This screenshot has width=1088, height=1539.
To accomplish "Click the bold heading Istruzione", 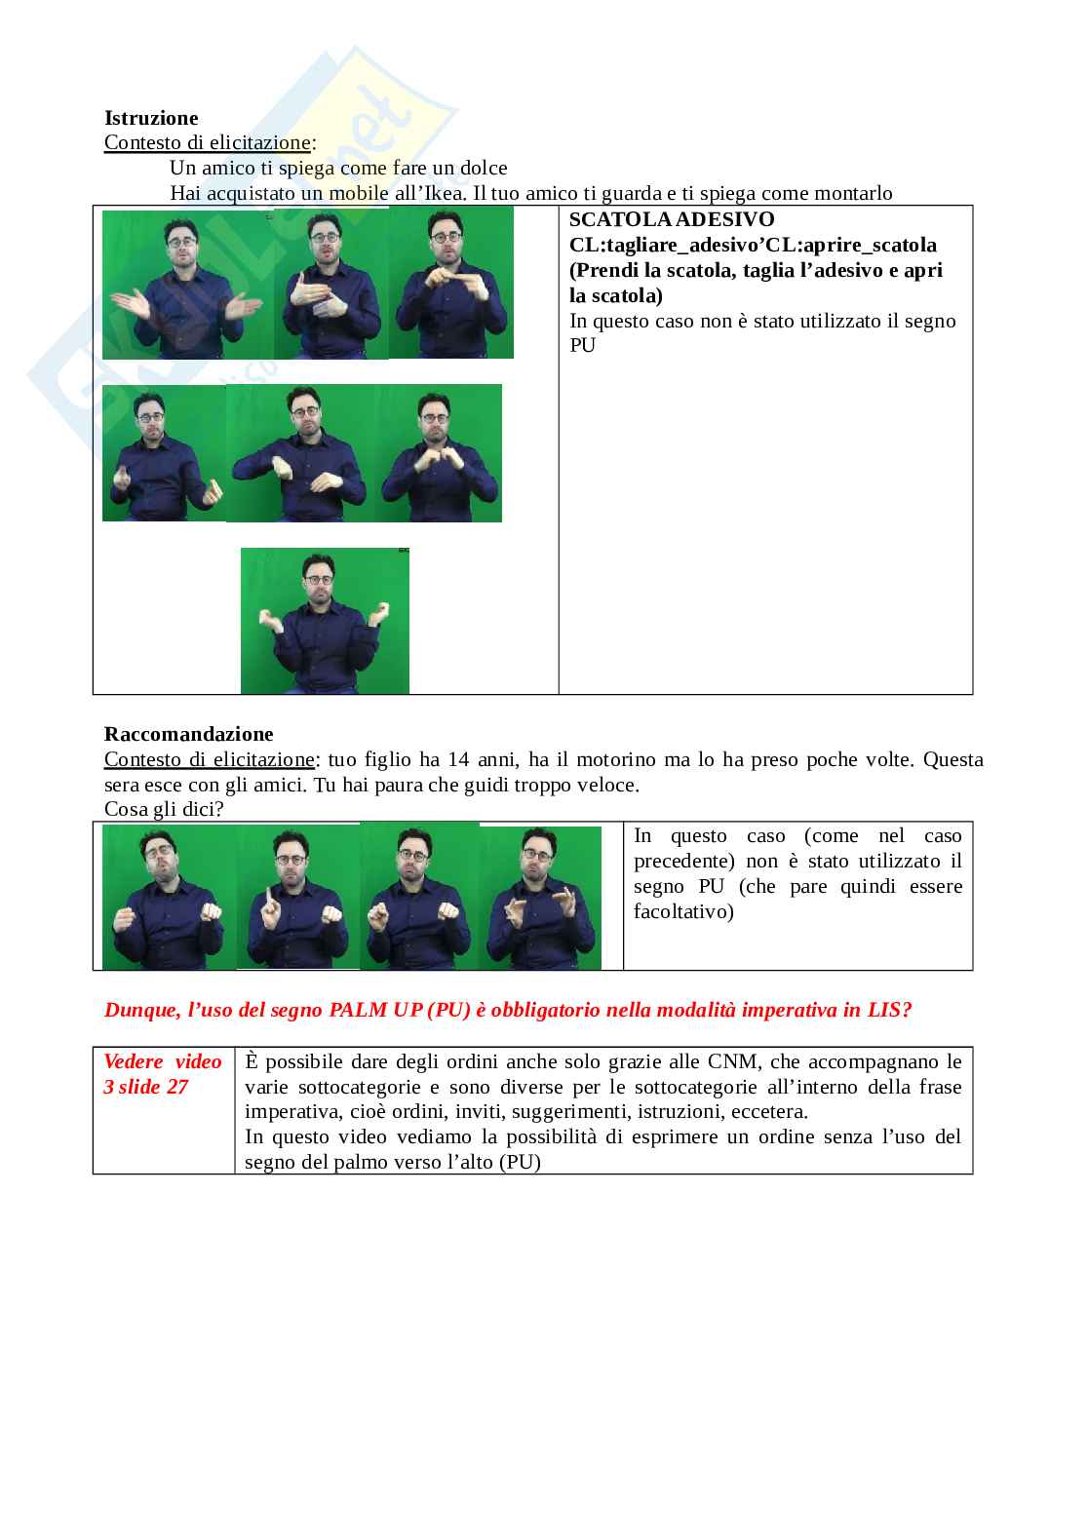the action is (x=151, y=118).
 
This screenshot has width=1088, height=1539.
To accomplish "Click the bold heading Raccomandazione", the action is (x=189, y=734).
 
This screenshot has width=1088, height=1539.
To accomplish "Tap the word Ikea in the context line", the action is (x=444, y=193).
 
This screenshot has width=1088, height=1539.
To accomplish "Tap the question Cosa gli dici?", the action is (x=164, y=809).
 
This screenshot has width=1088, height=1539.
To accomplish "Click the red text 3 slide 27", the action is (x=145, y=1087).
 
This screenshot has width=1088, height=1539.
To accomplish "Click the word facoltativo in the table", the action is (x=683, y=911).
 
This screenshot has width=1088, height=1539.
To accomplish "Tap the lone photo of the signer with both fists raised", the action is (x=325, y=621).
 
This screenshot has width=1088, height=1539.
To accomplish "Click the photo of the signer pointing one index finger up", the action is (x=297, y=897).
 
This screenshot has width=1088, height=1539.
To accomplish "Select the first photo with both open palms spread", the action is (x=187, y=285).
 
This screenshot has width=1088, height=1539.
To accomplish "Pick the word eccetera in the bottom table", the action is (x=769, y=1112).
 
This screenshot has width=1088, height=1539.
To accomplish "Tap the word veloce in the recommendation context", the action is (x=608, y=785).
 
